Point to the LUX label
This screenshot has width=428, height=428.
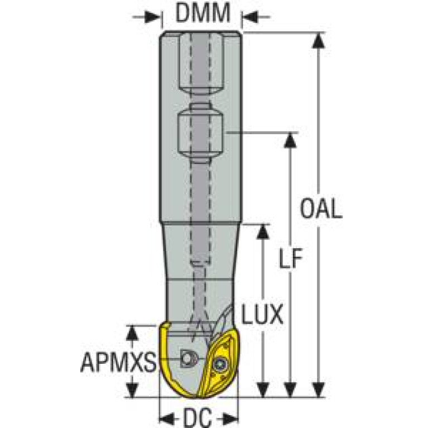pyautogui.click(x=263, y=315)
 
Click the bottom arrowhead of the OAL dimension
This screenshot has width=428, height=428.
pyautogui.click(x=319, y=389)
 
